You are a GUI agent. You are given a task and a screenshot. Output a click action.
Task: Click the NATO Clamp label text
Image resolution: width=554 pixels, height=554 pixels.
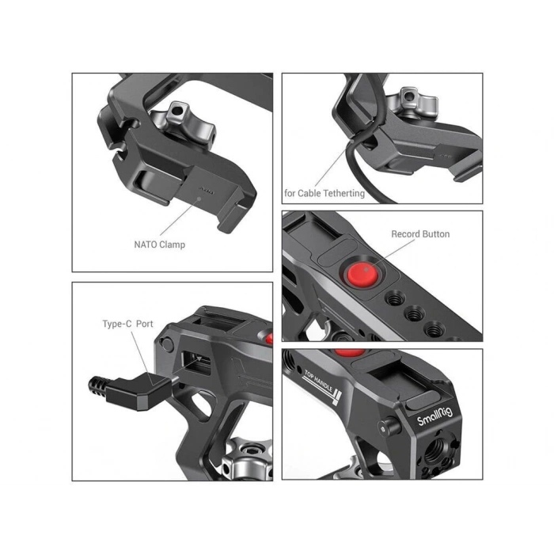(159, 245)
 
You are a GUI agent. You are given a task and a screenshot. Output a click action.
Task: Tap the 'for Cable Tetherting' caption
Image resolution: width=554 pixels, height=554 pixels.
(324, 193)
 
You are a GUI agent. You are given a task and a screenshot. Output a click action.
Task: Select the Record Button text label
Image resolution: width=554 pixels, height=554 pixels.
(420, 234)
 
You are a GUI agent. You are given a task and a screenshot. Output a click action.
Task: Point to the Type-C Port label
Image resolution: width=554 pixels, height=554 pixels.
(127, 324)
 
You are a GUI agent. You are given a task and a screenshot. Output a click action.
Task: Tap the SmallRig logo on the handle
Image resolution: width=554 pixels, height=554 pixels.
(434, 416)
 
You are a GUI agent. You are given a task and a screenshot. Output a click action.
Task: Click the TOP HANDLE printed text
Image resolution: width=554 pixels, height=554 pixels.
(319, 382)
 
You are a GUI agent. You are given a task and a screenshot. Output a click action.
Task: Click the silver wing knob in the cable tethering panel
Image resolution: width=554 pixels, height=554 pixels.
(412, 102)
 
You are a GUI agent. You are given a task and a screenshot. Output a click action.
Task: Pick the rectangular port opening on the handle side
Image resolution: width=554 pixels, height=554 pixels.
(196, 362)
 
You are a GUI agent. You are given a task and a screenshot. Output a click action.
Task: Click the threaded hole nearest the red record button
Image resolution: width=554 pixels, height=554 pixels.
(394, 299)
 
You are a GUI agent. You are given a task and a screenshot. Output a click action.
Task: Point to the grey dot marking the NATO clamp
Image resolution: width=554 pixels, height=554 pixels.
(199, 199)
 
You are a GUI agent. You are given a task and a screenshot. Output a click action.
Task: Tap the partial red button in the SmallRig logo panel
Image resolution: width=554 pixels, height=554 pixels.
(350, 352)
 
